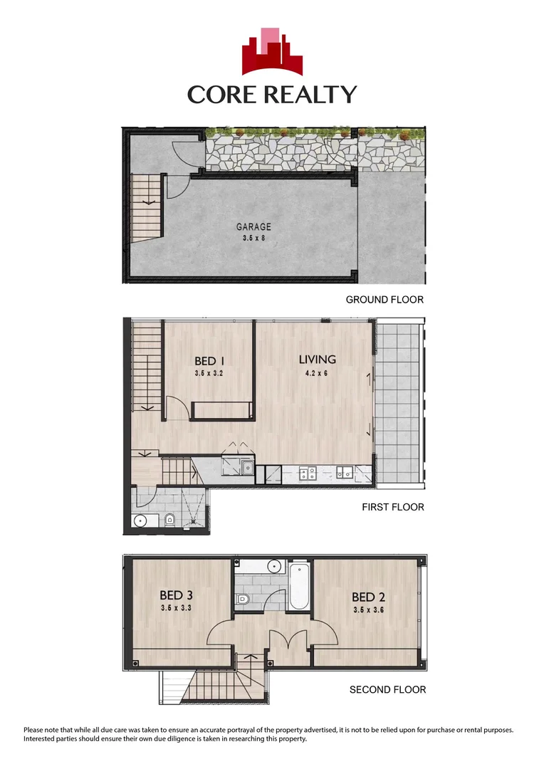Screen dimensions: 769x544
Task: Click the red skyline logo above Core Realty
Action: tap(271, 51)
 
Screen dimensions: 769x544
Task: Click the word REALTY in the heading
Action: tap(310, 94)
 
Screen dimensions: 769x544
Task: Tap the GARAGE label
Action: tap(253, 228)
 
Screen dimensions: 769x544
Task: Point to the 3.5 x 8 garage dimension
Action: tap(253, 239)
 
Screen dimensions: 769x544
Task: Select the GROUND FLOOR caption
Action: tap(385, 300)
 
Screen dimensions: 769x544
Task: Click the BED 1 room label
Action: tap(209, 361)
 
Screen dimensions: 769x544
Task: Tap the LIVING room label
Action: tap(317, 360)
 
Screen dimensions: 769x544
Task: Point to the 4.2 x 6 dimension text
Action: tap(317, 372)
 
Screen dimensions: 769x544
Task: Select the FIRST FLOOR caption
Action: tap(393, 508)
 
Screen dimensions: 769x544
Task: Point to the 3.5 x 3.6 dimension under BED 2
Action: tap(369, 610)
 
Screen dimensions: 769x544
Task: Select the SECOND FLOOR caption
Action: tap(387, 689)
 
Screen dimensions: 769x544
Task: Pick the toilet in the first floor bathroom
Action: tap(169, 520)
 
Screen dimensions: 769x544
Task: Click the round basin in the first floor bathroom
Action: tap(141, 520)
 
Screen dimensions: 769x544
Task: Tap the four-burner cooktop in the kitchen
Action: tap(308, 471)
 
